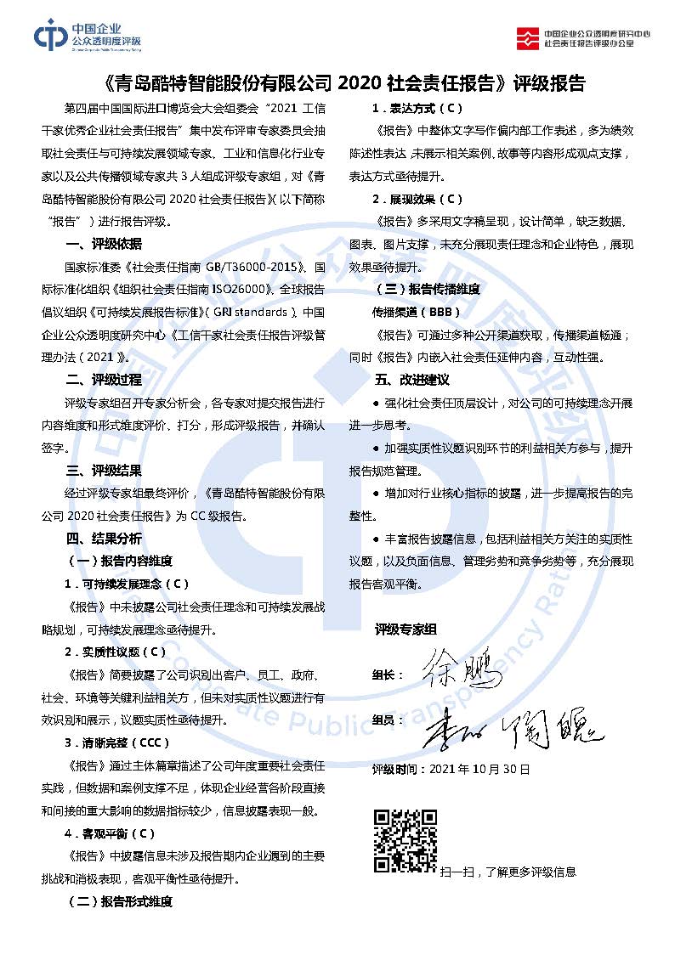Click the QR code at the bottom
point(406,840)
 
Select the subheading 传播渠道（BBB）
point(417,312)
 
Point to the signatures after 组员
point(510,725)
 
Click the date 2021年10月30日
point(480,769)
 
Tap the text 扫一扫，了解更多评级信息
point(508,871)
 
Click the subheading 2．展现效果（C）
point(417,199)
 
